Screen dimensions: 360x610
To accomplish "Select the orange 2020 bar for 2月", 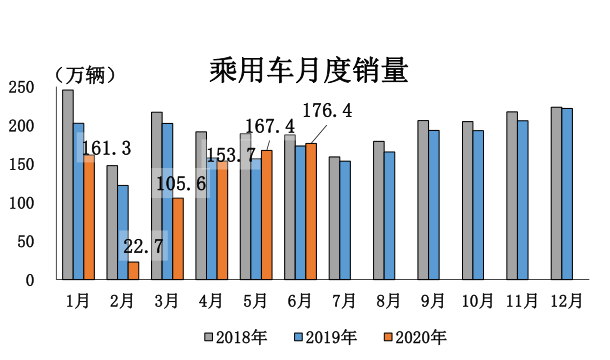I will (133, 270).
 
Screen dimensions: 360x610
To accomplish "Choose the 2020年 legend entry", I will (412, 337).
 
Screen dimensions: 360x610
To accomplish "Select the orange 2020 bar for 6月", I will (311, 212).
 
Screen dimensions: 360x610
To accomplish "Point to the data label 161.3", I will (106, 148).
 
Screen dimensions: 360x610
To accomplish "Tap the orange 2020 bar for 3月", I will (177, 239).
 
